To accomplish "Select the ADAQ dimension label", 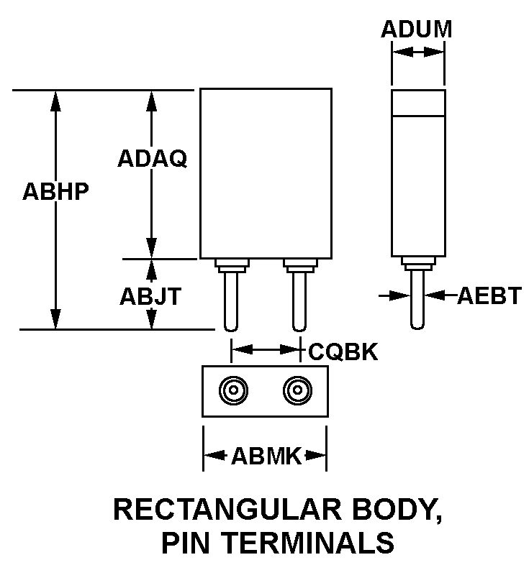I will tap(152, 159).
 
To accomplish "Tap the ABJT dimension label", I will tap(151, 296).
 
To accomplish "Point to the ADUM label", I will tap(417, 29).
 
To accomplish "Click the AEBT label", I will tap(489, 295).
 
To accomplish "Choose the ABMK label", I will tap(266, 455).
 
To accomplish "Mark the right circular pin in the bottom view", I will tap(297, 391).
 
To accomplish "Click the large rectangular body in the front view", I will tap(266, 173).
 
